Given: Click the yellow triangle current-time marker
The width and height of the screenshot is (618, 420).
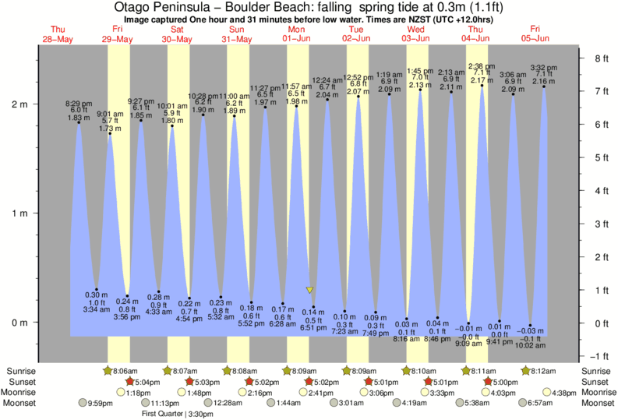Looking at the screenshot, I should click(309, 290).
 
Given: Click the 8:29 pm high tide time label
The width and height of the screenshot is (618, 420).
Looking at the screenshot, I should click(78, 103).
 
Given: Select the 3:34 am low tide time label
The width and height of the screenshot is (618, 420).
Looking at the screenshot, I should click(97, 310).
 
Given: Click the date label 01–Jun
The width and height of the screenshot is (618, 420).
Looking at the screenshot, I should click(297, 38).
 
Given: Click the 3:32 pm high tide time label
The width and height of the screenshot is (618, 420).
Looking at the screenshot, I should click(542, 67).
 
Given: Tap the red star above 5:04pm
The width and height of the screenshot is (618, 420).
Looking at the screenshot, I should click(130, 382).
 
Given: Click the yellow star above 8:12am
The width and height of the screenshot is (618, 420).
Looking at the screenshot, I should click(526, 371).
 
